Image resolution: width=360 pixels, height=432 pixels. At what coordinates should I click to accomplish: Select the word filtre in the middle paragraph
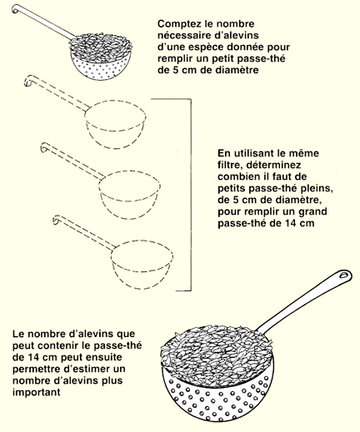[228, 165]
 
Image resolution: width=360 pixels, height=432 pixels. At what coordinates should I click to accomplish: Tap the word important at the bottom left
[37, 393]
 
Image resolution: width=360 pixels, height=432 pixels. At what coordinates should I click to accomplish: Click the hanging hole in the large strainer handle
[344, 275]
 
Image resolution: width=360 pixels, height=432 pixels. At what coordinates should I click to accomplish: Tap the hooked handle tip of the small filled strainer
[14, 9]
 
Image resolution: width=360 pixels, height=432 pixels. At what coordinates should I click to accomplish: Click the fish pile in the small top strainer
[100, 47]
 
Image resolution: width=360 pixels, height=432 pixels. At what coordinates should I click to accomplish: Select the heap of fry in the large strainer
[216, 352]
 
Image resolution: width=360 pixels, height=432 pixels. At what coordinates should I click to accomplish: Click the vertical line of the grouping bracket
[191, 195]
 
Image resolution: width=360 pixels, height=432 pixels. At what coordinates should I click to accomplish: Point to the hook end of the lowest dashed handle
[56, 220]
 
